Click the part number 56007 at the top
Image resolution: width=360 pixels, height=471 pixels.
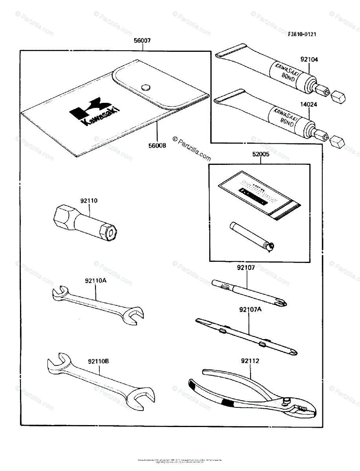[x=143, y=40]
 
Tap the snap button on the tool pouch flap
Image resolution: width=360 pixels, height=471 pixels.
[x=146, y=87]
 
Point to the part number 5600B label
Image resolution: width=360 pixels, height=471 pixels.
[x=157, y=146]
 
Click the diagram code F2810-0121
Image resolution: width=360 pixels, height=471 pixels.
[x=302, y=34]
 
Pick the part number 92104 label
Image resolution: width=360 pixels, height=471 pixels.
[x=309, y=60]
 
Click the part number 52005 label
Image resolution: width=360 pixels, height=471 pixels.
[x=261, y=155]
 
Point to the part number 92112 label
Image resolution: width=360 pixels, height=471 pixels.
[x=250, y=360]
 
